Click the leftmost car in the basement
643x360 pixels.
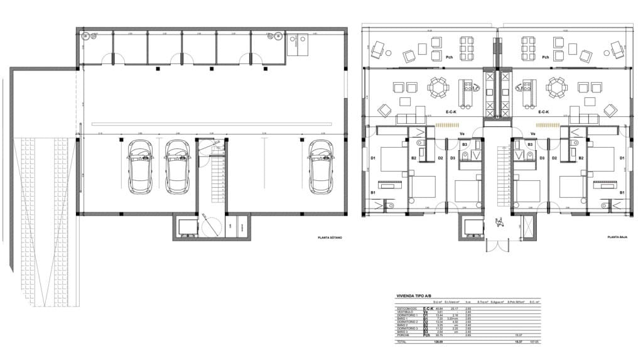click(x=140, y=166)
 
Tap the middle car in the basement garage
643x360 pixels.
click(x=177, y=166)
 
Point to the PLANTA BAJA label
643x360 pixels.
click(x=618, y=237)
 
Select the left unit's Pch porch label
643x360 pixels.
click(x=449, y=57)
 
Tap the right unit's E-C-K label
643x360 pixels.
click(x=543, y=112)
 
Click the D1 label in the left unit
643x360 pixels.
click(x=372, y=158)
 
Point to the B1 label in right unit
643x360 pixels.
click(x=622, y=192)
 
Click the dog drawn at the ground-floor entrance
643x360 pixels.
click(x=500, y=221)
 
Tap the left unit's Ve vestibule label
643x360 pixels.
click(x=462, y=134)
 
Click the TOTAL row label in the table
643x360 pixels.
click(x=402, y=342)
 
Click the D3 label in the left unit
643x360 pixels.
click(x=452, y=158)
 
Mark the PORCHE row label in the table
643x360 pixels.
click(x=405, y=335)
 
